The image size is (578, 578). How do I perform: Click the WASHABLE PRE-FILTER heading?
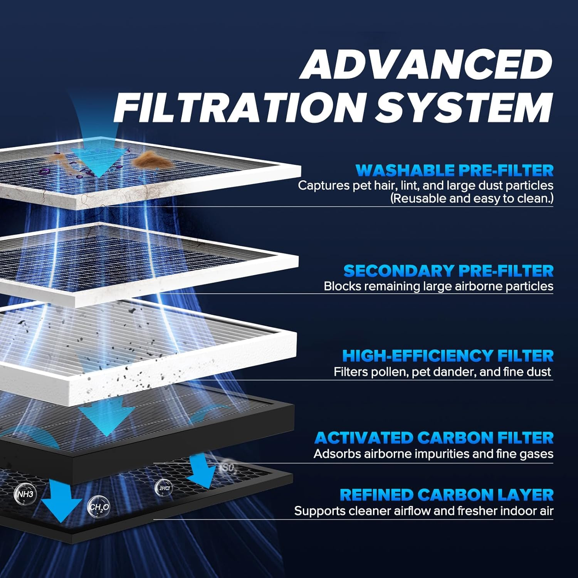pos(455,170)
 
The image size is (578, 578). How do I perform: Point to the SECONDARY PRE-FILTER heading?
pos(448,271)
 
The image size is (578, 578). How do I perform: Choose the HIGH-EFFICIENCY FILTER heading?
pos(448,356)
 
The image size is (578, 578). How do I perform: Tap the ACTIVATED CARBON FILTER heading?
pos(434,438)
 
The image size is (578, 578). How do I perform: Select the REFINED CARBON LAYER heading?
pos(447,495)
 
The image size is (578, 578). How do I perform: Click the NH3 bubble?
pos(25,494)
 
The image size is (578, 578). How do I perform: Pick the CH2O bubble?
pos(99,507)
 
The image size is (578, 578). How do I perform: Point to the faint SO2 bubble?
pos(227,468)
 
